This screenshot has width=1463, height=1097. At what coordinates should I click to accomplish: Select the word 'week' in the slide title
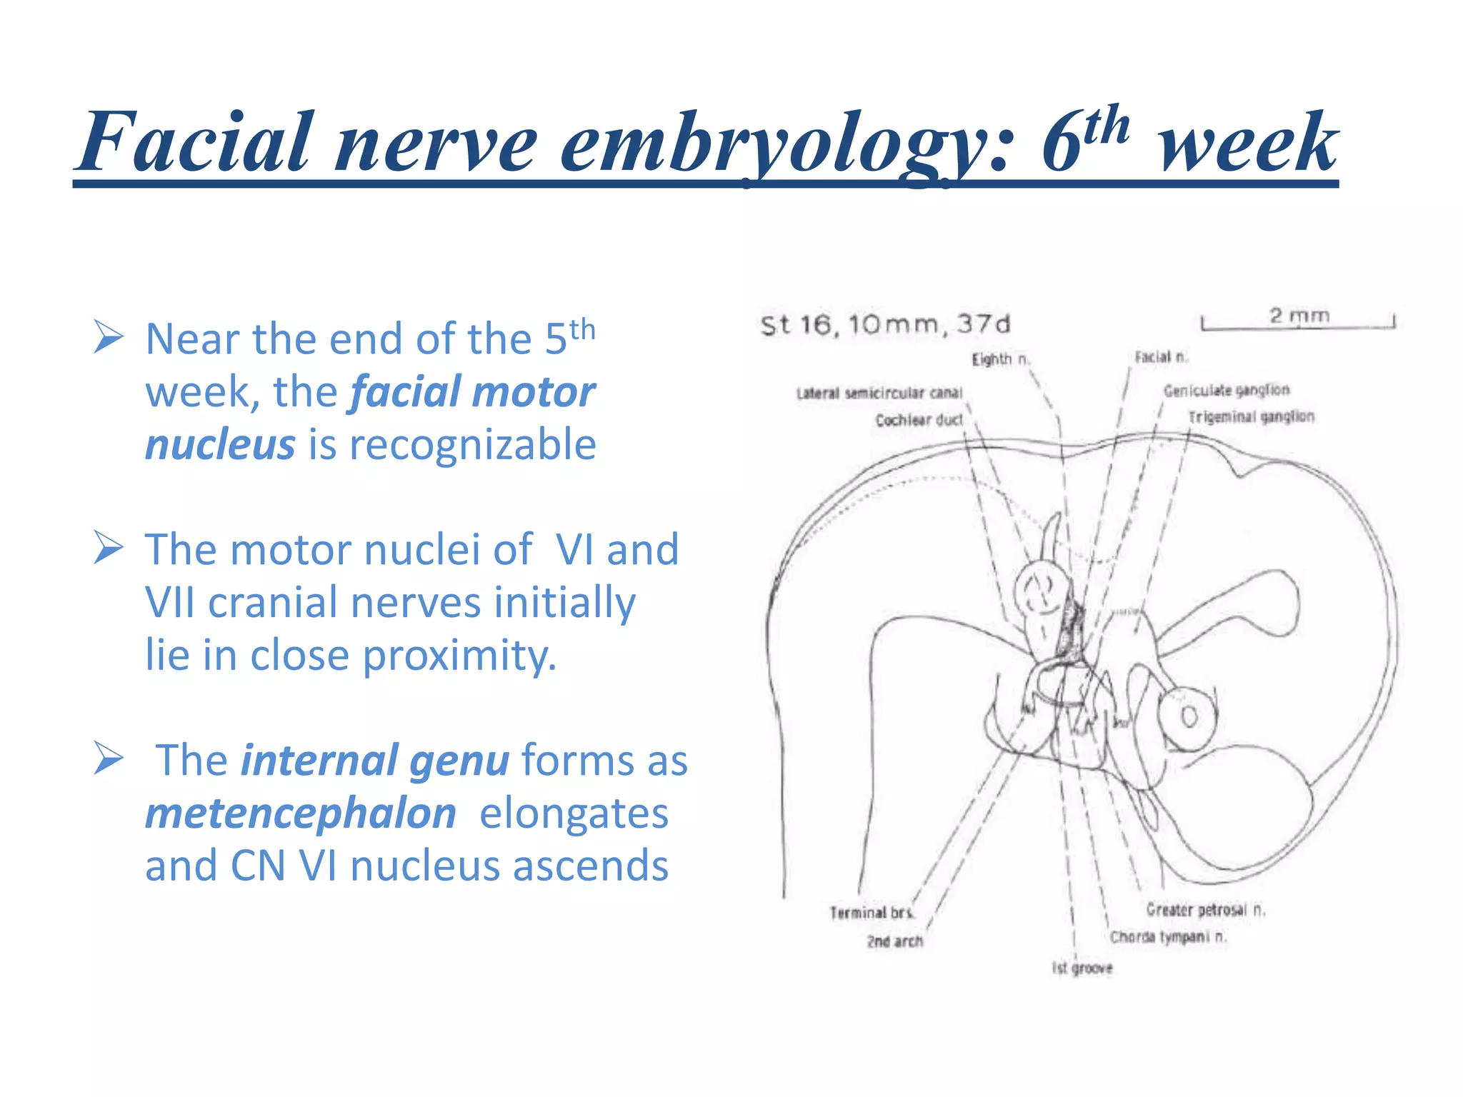(x=1247, y=143)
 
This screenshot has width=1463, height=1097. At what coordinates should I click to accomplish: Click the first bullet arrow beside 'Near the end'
(x=109, y=337)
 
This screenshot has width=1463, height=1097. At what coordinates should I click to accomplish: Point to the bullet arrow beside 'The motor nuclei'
(x=109, y=548)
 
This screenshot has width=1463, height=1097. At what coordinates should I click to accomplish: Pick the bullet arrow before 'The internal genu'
(x=109, y=758)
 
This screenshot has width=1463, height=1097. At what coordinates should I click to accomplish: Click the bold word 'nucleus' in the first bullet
(x=220, y=444)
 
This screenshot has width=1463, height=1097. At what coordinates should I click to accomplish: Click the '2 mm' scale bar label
(x=1299, y=315)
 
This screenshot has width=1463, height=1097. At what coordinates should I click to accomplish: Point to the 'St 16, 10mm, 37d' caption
(x=886, y=325)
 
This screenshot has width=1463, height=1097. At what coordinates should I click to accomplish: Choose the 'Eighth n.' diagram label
(x=1000, y=359)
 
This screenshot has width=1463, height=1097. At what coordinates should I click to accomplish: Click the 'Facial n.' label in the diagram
(x=1161, y=357)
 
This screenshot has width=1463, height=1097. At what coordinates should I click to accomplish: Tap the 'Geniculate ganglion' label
(x=1227, y=390)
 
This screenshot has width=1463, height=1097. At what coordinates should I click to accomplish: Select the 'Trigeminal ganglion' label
(x=1251, y=416)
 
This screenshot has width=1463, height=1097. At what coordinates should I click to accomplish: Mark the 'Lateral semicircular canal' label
(x=879, y=393)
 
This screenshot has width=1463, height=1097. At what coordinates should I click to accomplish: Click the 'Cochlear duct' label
(x=919, y=420)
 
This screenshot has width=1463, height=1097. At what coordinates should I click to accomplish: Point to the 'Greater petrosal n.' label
(x=1205, y=910)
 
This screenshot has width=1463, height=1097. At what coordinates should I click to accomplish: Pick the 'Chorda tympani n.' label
(x=1168, y=937)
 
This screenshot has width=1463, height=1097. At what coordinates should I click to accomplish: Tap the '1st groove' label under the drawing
(x=1082, y=968)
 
